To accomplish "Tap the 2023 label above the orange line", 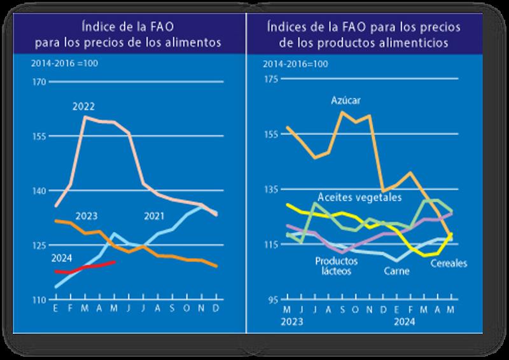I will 87,216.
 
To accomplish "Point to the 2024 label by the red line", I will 62,258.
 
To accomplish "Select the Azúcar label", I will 347,100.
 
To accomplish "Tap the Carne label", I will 397,271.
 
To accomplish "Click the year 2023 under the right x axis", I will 288,322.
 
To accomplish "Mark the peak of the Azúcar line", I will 343,112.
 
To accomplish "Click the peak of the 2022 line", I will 85,117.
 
